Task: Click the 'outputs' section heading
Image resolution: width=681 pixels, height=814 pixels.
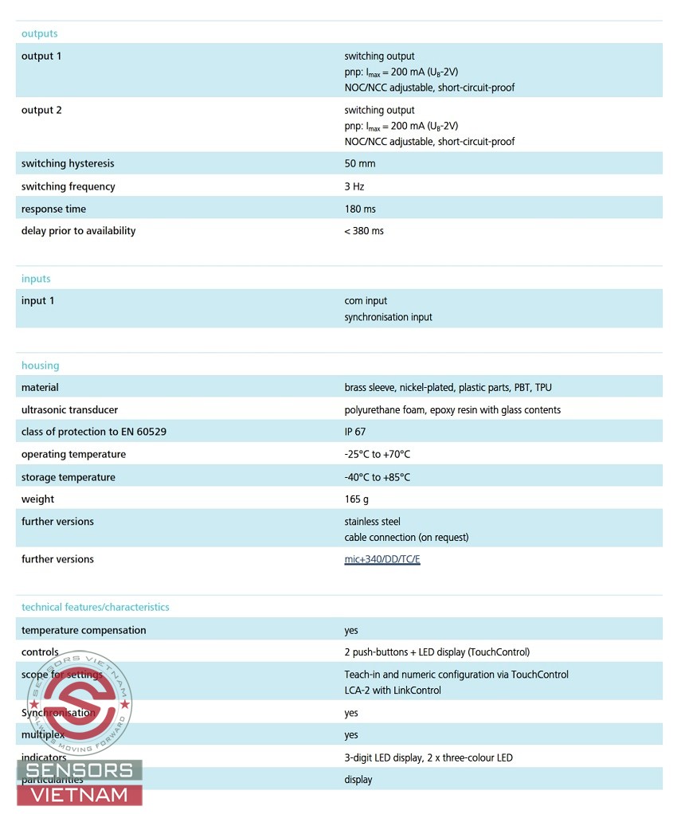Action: click(39, 33)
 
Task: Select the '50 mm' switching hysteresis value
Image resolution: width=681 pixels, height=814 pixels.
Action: click(359, 163)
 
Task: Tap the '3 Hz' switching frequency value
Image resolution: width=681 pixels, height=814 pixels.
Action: click(354, 186)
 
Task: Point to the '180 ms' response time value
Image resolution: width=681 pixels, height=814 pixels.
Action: click(360, 209)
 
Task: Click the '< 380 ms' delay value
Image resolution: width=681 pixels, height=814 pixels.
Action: click(364, 231)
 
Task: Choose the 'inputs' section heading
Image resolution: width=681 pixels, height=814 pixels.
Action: click(36, 279)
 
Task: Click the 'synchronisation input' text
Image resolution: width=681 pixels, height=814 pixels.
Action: click(388, 317)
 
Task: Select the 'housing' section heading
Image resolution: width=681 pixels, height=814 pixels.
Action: click(40, 366)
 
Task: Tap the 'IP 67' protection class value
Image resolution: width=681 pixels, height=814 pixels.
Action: click(355, 432)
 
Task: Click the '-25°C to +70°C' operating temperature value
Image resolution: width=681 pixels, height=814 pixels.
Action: click(378, 455)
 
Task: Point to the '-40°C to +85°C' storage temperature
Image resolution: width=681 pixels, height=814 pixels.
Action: click(378, 477)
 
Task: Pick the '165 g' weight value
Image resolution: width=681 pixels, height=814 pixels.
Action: click(356, 499)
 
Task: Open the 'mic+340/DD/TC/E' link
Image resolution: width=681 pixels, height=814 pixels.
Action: click(382, 559)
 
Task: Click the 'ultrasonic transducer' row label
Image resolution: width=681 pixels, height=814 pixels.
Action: click(69, 410)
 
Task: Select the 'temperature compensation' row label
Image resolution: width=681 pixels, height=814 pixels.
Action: click(84, 630)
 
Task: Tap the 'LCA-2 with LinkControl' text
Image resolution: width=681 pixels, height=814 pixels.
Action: click(393, 691)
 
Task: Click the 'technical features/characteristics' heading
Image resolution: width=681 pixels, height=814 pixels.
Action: click(95, 607)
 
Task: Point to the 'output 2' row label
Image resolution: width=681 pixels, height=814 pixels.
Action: click(41, 110)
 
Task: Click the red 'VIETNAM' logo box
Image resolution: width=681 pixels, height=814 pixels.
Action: click(80, 794)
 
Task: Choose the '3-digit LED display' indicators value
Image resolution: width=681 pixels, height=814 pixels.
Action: click(383, 757)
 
